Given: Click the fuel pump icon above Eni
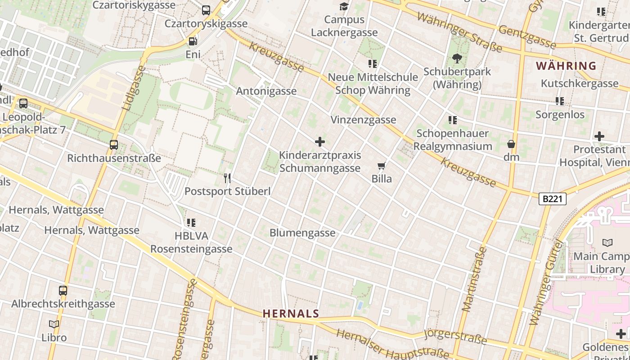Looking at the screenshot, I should [x=193, y=41].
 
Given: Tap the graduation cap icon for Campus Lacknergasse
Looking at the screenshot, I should [x=344, y=6].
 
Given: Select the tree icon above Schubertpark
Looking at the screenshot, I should [x=457, y=58].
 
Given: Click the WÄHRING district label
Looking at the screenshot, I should [x=566, y=66].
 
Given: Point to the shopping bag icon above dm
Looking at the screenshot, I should [x=511, y=144].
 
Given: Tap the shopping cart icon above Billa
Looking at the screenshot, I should [x=382, y=166].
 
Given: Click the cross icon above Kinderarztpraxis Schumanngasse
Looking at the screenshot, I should [x=320, y=142].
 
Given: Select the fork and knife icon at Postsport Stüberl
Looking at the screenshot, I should [x=227, y=178].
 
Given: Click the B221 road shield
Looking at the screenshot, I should [x=552, y=198].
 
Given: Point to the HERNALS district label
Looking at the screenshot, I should [x=291, y=314].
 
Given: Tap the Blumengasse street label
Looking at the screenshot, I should [x=302, y=233].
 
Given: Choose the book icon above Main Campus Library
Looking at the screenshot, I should [x=607, y=243].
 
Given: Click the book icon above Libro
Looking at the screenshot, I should [x=54, y=324].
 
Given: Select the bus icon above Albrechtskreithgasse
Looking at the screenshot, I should [x=63, y=291].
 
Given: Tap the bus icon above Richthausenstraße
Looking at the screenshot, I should [x=114, y=145].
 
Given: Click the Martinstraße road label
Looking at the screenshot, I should [x=474, y=279].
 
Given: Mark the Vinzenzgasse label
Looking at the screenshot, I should [x=363, y=120].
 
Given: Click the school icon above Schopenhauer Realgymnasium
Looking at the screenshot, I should [x=453, y=120].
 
